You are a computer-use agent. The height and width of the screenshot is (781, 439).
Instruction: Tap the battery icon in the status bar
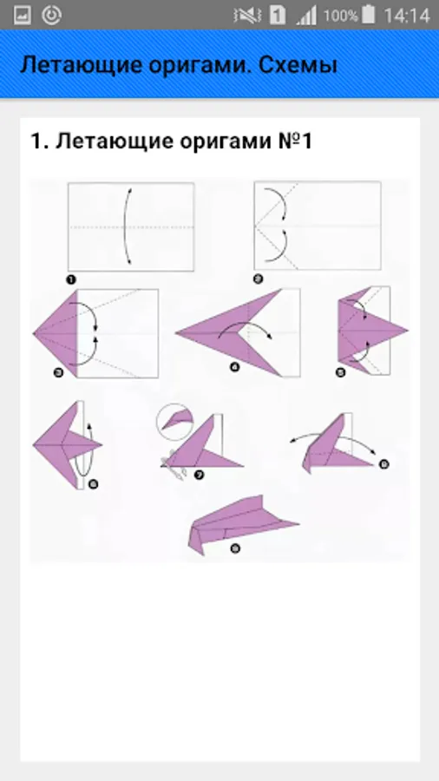click(369, 15)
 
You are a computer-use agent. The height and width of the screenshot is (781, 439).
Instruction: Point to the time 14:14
click(407, 16)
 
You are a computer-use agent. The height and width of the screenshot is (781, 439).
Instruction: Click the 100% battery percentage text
click(340, 16)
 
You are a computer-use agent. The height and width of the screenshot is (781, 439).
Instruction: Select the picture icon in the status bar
click(22, 16)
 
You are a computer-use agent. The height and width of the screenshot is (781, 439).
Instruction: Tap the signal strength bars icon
click(306, 16)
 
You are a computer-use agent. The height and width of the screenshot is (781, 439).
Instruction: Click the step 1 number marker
click(71, 280)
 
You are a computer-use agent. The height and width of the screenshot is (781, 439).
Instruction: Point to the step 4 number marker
click(234, 368)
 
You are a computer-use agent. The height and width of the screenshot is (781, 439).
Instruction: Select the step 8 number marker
click(383, 464)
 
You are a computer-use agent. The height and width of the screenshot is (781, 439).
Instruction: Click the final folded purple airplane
click(243, 524)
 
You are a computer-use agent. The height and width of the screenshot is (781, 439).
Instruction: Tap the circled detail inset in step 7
click(174, 422)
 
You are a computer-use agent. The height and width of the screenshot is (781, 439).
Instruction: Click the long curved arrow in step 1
click(125, 226)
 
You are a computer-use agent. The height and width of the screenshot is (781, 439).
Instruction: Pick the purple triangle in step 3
click(56, 334)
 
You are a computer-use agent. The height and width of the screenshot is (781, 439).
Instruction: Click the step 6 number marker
click(92, 483)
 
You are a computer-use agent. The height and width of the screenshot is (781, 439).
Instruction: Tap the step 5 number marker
click(340, 372)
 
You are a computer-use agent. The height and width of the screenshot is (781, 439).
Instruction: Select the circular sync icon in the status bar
click(51, 16)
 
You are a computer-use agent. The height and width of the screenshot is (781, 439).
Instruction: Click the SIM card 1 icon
click(278, 16)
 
